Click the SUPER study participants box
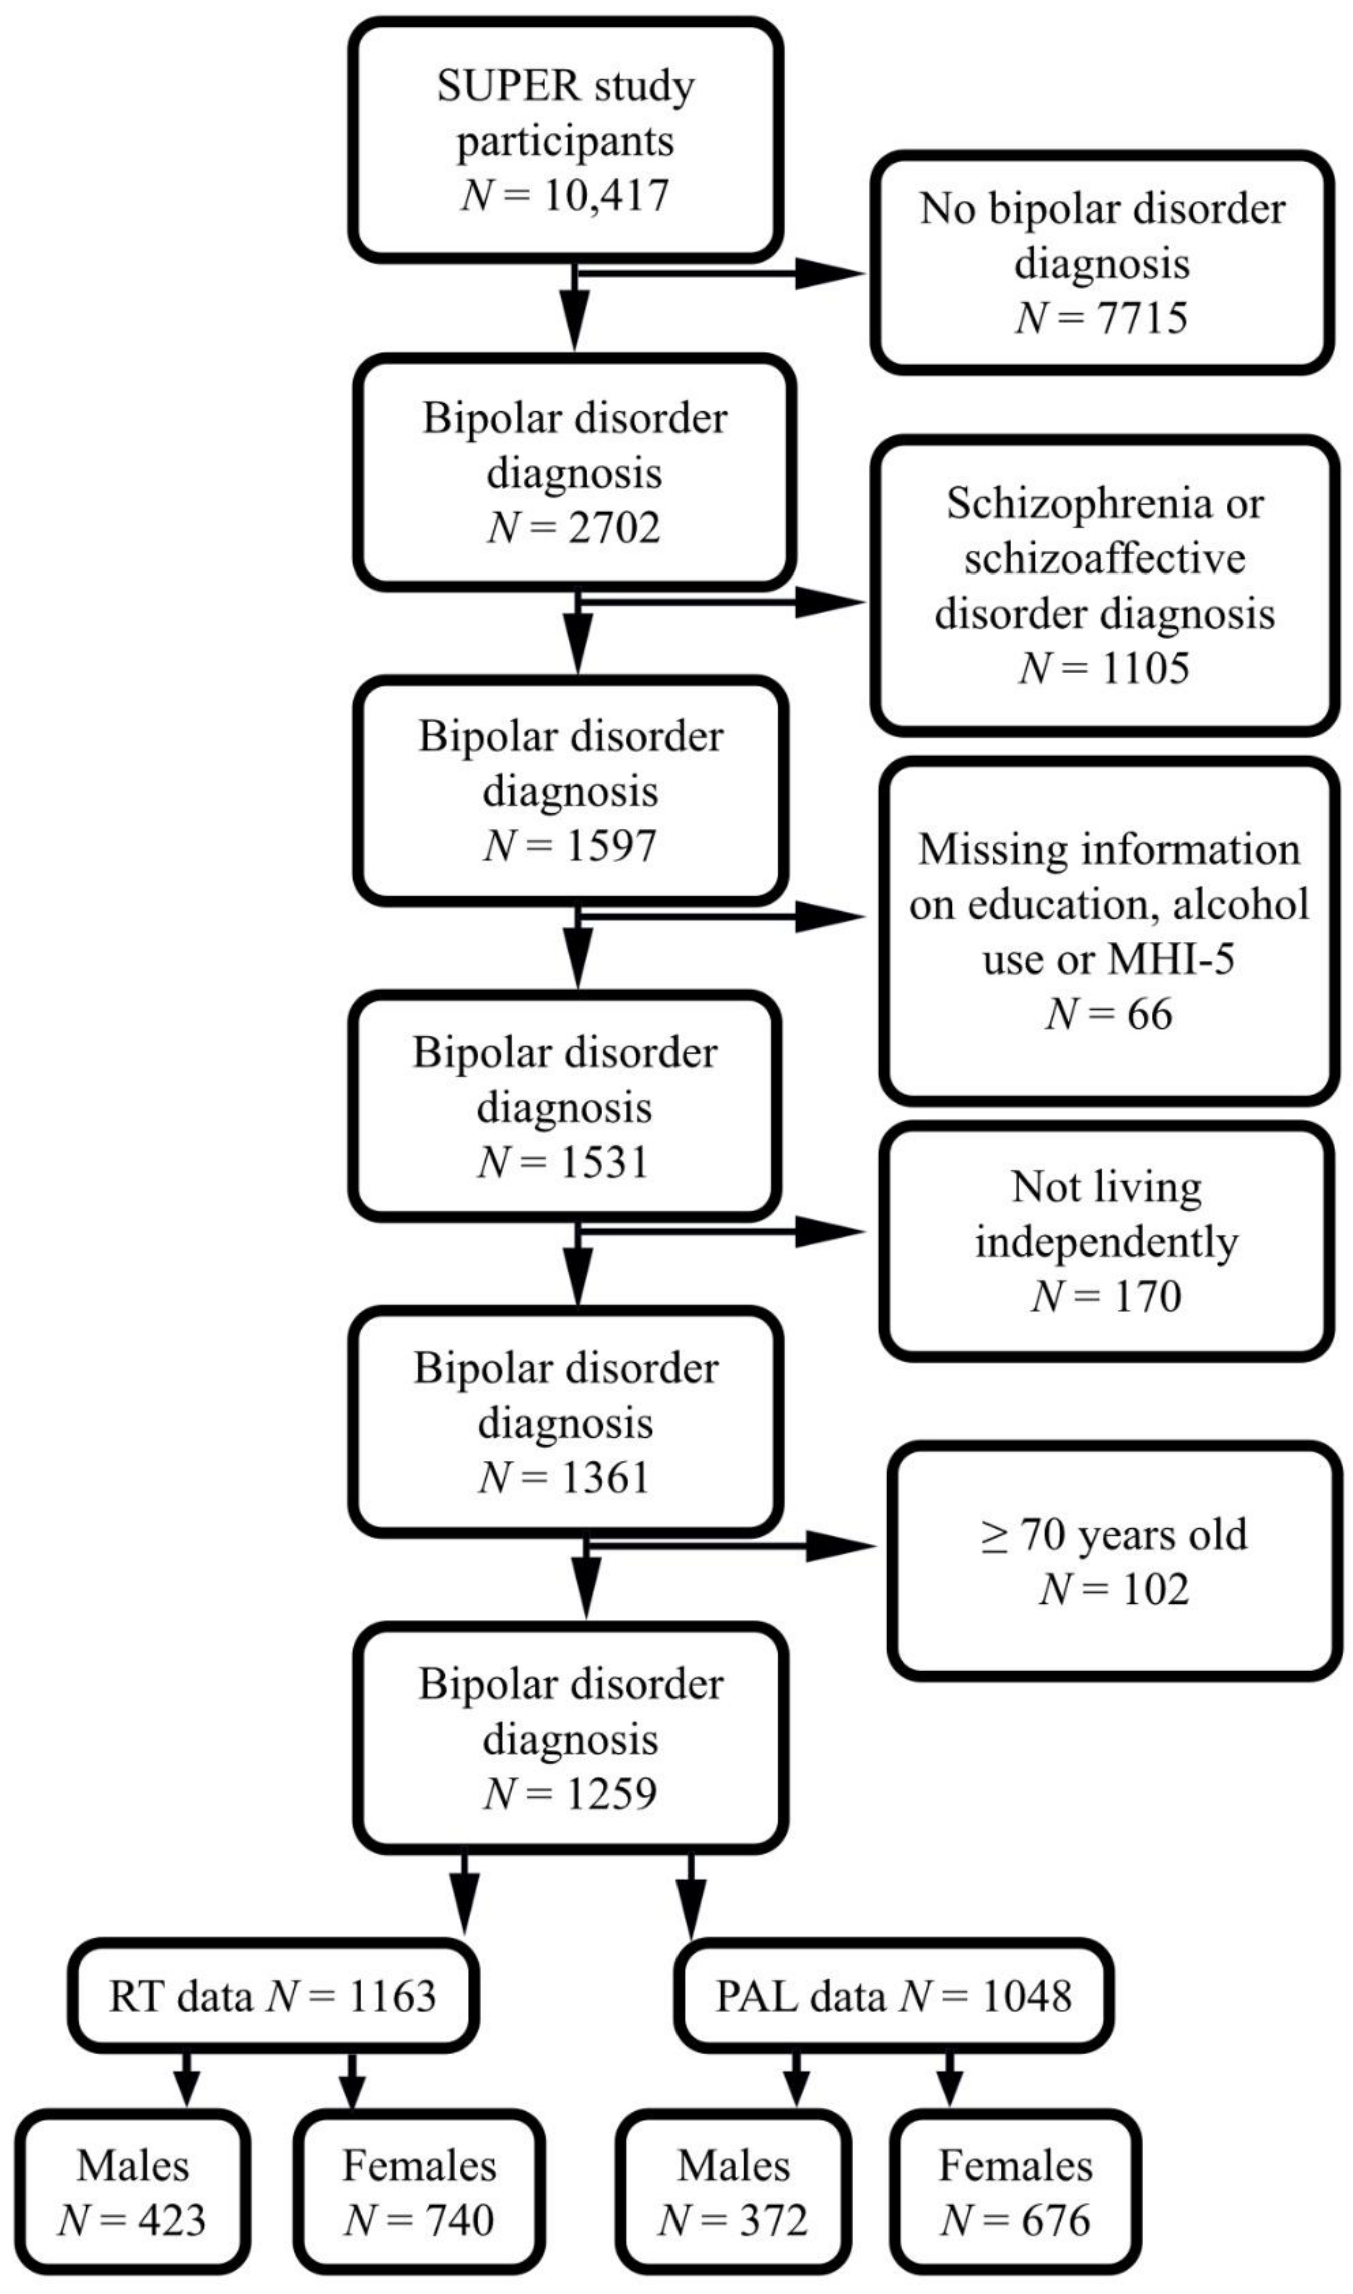tap(565, 140)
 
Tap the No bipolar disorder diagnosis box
tap(1101, 263)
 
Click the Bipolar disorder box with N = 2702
tap(574, 472)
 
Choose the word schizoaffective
tap(1104, 558)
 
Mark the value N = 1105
tap(1104, 668)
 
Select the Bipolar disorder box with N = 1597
tap(571, 791)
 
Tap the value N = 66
tap(1109, 1014)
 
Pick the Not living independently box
tap(1107, 1241)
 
